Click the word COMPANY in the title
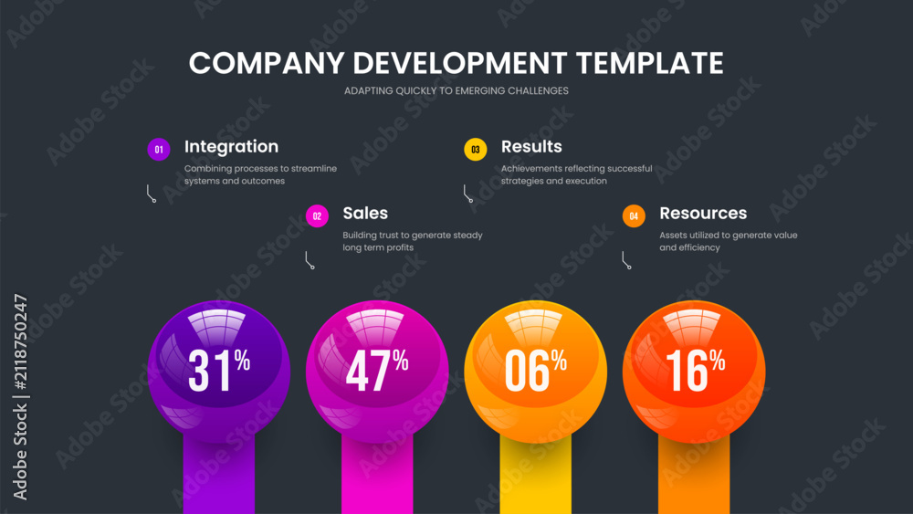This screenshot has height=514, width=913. point(267,63)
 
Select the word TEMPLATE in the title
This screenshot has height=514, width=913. point(650,63)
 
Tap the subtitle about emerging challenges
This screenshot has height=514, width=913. point(456,90)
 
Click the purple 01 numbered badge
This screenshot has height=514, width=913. point(158,150)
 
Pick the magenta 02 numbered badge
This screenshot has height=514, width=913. point(317,216)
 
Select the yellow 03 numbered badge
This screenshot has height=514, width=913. point(475,150)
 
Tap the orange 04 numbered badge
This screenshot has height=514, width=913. point(634,216)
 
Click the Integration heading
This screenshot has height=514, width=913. point(231,147)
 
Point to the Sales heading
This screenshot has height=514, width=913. point(365,213)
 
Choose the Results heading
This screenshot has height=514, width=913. point(531,147)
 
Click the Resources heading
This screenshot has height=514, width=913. point(703,213)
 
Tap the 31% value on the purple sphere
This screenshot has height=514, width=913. point(219,369)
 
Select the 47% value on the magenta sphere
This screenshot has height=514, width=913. point(377,369)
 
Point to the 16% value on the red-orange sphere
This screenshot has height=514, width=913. point(695,369)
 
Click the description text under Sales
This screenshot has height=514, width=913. point(413,241)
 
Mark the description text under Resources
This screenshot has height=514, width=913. point(729,241)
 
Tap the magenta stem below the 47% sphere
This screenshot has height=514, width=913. point(377,475)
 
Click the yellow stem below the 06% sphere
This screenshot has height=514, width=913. point(536,475)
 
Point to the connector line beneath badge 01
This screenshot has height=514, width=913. point(151,194)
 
